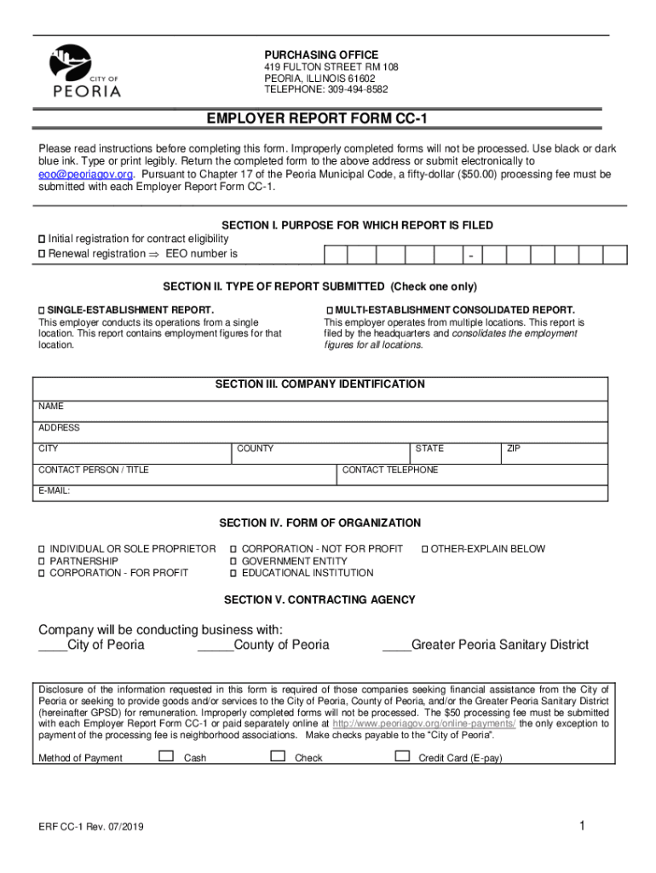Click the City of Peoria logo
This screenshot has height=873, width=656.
86,72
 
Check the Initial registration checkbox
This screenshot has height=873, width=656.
42,239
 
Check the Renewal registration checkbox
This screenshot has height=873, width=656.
42,254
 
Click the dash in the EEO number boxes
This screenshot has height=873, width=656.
470,255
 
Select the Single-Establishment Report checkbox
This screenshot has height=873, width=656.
42,309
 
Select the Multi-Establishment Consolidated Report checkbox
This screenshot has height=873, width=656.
329,309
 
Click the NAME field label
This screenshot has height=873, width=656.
51,407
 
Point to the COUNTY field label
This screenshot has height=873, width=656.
255,448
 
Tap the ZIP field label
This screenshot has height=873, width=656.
514,448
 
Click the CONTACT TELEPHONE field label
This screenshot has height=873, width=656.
390,470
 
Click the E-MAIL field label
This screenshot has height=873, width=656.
54,491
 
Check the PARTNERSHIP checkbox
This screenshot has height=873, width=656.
41,562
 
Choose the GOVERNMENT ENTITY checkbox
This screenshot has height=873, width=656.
233,562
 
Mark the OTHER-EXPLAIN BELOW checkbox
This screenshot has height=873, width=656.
426,549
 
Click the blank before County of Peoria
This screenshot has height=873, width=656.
215,645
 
